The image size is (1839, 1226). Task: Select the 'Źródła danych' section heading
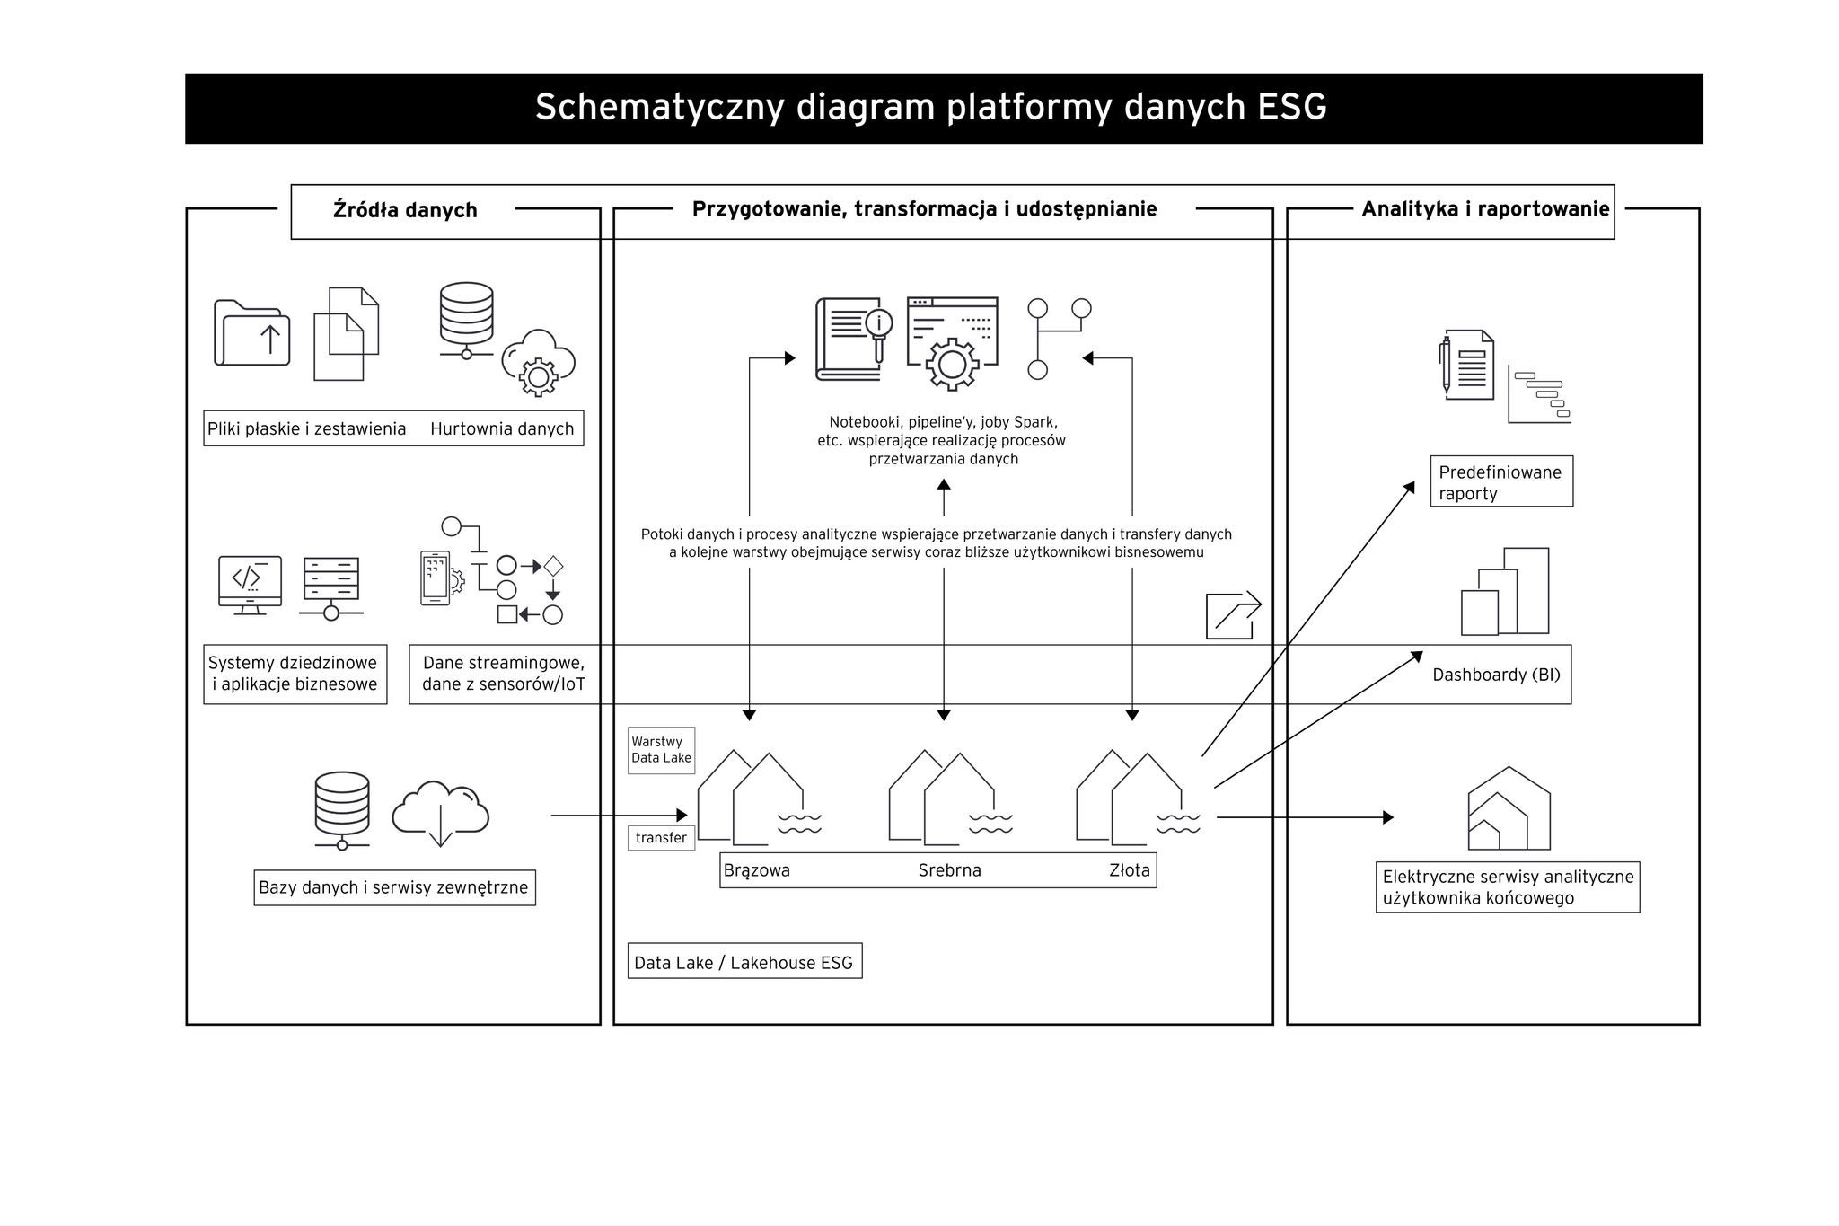click(405, 210)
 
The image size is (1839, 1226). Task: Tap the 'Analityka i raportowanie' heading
click(1485, 209)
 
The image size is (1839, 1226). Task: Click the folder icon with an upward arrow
click(252, 334)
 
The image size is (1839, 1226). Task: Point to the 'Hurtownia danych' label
click(502, 429)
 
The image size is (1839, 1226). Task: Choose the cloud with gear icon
click(539, 363)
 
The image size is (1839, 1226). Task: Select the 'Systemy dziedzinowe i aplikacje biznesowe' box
click(295, 675)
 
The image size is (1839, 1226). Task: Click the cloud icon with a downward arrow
click(440, 814)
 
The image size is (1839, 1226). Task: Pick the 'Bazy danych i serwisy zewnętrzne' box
click(394, 888)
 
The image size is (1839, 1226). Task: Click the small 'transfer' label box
click(661, 838)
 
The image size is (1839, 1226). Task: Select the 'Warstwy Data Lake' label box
click(661, 750)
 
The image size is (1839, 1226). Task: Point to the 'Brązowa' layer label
click(757, 870)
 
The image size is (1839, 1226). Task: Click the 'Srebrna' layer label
click(949, 870)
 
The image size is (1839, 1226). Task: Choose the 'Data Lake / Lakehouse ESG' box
click(744, 962)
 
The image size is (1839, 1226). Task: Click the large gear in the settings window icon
click(952, 365)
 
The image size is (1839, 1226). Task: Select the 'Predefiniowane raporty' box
click(1501, 482)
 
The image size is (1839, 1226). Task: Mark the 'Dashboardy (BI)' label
click(1496, 675)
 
